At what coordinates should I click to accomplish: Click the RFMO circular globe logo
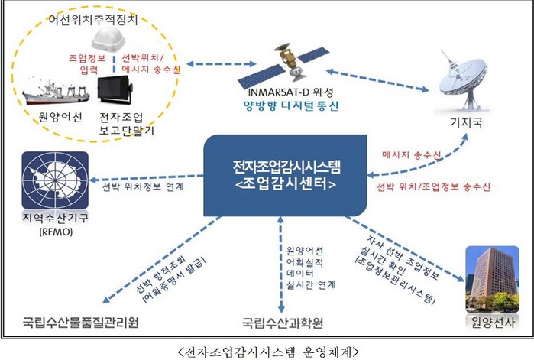[x=48, y=178]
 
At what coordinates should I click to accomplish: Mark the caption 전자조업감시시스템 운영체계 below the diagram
[x=267, y=350]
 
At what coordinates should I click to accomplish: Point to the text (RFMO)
[x=47, y=231]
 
